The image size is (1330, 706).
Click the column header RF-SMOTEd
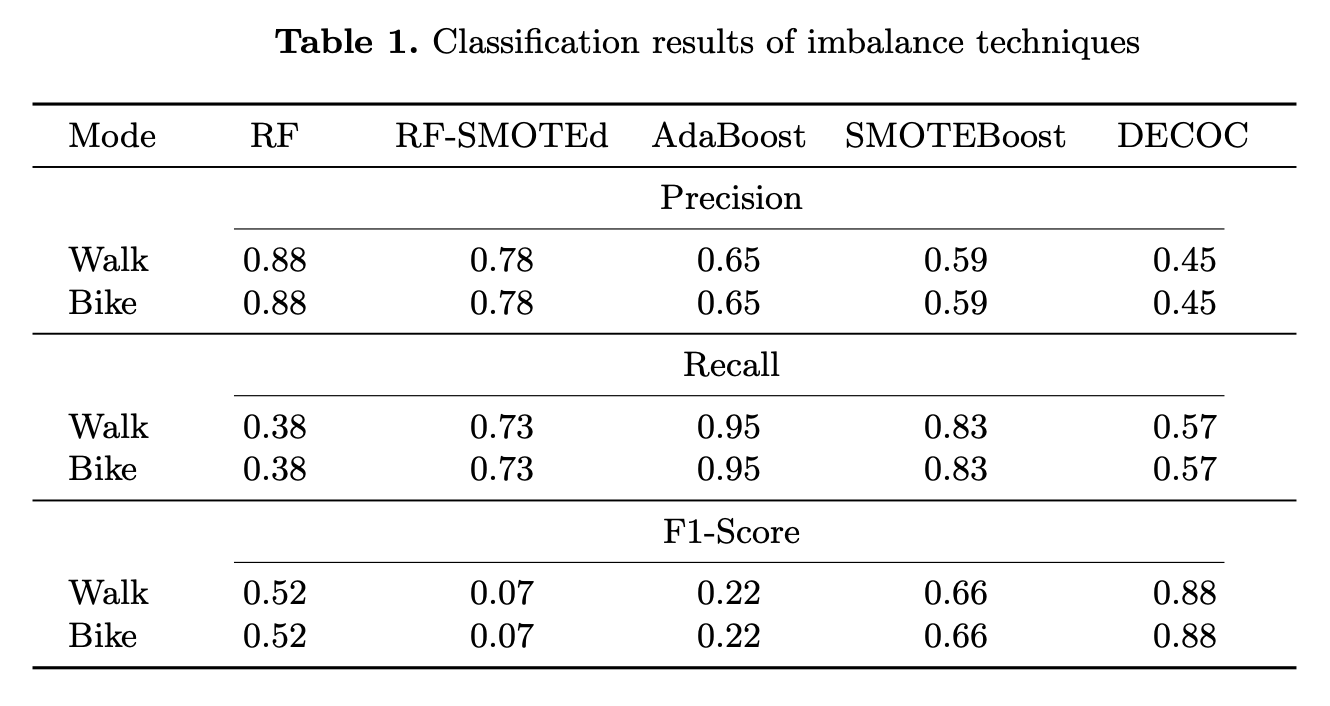501,136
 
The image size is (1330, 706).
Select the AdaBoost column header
728,136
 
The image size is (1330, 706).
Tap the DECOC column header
1183,136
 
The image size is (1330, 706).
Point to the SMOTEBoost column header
955,136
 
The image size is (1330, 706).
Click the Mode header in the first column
112,136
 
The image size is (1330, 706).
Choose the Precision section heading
731,198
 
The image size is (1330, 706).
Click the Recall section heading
731,365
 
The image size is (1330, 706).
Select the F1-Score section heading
731,532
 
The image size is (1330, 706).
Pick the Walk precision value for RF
274,261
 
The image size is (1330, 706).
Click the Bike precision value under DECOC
1184,303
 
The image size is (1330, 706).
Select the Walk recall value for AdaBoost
728,428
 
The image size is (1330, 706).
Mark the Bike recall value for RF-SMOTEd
501,469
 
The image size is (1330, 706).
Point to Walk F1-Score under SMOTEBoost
955,594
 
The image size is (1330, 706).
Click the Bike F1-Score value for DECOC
1184,636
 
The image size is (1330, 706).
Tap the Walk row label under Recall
108,428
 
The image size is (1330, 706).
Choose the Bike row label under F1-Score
102,636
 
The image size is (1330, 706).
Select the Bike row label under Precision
102,303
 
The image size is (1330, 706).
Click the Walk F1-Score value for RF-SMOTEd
501,594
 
